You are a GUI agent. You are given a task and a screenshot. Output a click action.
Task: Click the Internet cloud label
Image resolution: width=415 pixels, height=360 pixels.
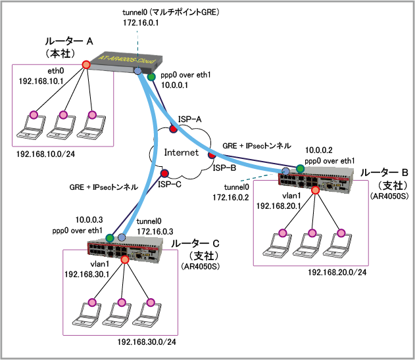(x=181, y=152)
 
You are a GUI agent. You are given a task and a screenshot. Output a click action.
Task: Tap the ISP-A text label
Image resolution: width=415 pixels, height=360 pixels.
(x=189, y=117)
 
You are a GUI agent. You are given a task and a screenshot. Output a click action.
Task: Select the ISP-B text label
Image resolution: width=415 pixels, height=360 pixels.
(x=224, y=168)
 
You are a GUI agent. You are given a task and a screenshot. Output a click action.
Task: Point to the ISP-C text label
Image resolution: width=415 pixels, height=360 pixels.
(x=169, y=185)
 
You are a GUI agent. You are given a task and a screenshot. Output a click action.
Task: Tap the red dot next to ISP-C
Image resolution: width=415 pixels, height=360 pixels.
(x=164, y=174)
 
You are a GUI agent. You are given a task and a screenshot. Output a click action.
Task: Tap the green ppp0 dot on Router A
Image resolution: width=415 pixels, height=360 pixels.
(x=151, y=78)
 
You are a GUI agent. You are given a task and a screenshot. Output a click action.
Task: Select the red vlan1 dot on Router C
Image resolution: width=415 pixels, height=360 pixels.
(x=125, y=260)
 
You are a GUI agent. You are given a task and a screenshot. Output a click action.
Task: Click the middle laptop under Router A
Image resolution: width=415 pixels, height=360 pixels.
(x=63, y=124)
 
